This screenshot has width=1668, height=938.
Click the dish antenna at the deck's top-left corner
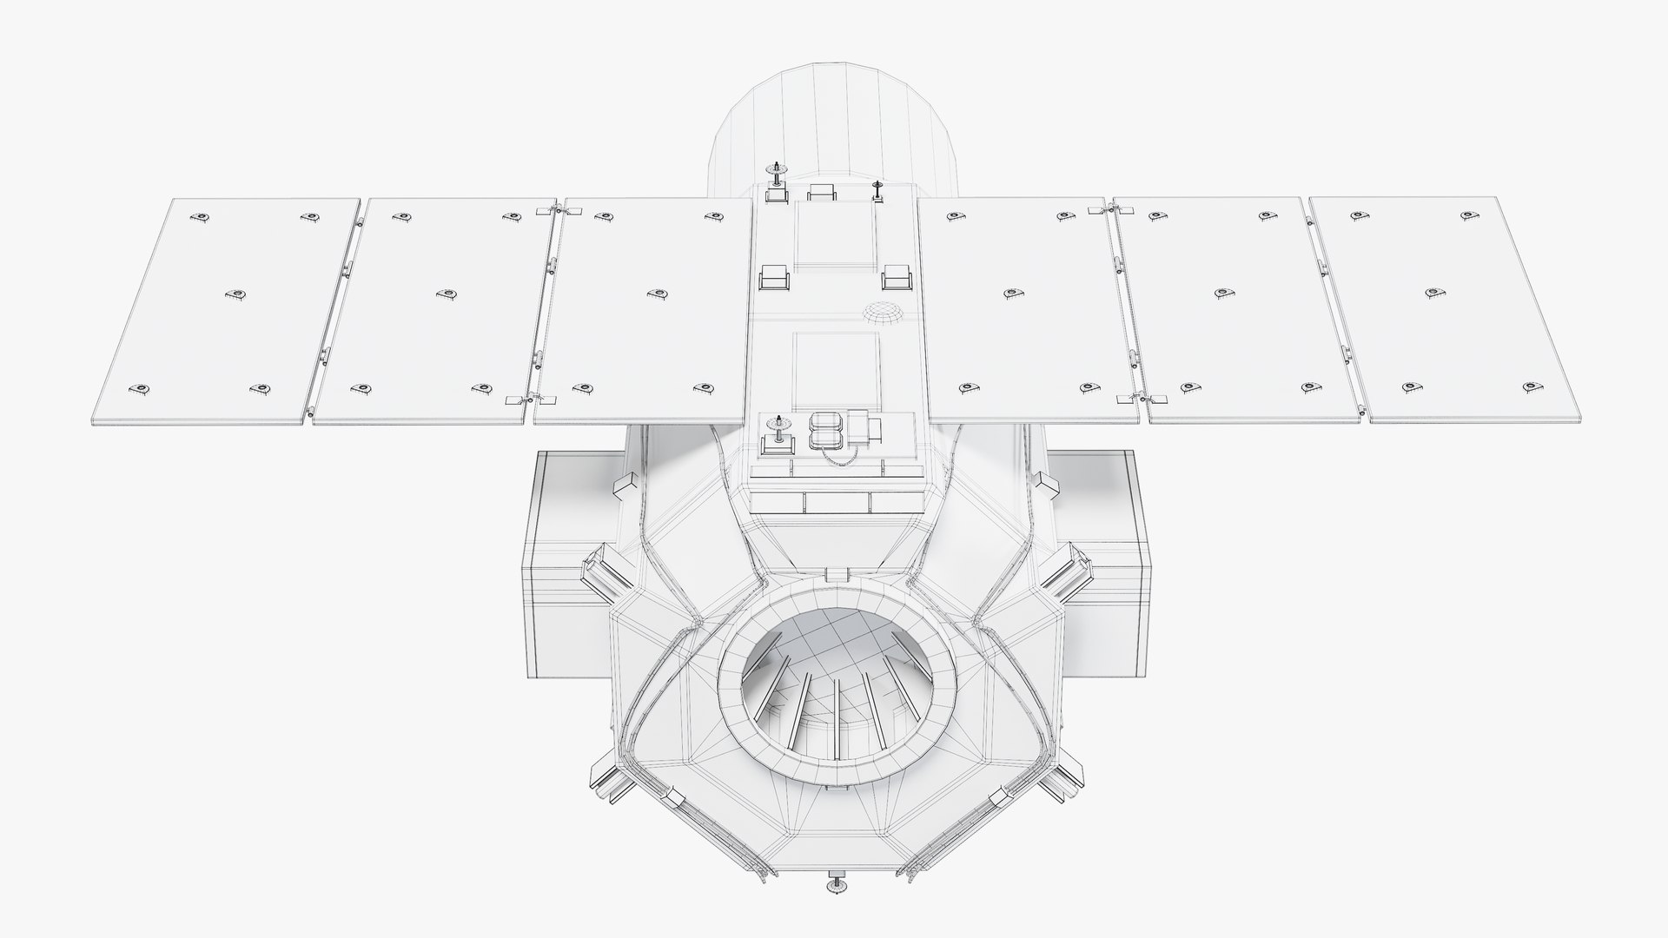pos(775,172)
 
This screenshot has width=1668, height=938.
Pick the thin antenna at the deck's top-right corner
pos(877,189)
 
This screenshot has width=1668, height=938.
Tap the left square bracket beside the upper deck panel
pos(774,278)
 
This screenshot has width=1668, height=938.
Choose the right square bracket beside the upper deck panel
pos(895,279)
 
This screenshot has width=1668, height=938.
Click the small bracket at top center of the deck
pos(821,192)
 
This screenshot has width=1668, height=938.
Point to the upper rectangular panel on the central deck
pos(834,234)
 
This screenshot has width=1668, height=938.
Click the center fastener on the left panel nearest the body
pos(659,294)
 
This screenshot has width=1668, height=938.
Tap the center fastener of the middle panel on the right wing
pos(1224,293)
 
